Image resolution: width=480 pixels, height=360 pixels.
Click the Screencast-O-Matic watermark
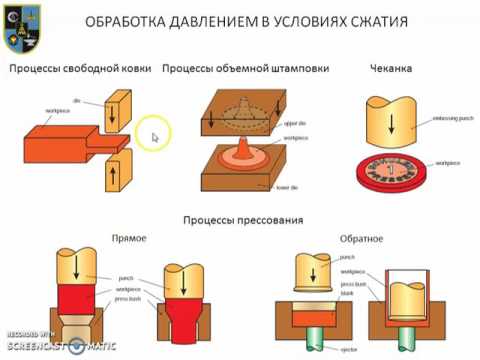click(x=60, y=343)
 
